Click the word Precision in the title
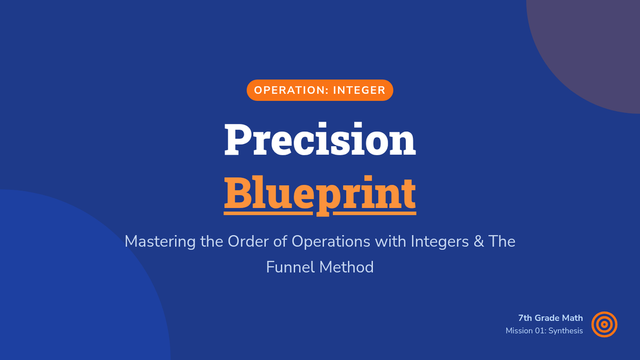tap(320, 139)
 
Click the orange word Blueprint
tap(320, 195)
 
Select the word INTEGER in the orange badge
tap(359, 90)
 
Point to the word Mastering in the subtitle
tap(160, 242)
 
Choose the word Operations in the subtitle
tap(331, 242)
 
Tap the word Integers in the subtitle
tap(439, 242)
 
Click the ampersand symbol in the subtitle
tap(478, 242)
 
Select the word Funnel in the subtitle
tap(291, 267)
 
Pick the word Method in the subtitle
tap(346, 267)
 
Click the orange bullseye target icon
tap(604, 324)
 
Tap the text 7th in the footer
tap(525, 318)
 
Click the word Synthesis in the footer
tap(566, 331)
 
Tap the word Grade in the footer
tap(547, 318)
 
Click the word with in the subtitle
tap(390, 242)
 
